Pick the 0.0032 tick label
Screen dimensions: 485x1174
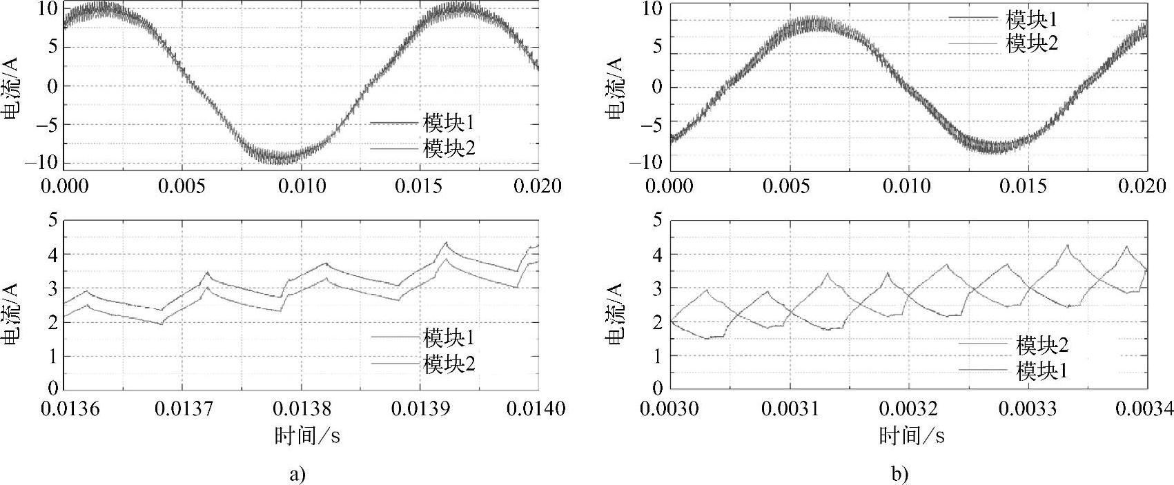tap(907, 409)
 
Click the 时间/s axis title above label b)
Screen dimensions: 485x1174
tap(911, 435)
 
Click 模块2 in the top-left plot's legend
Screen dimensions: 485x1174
tap(449, 148)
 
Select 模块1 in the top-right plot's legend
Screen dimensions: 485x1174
tap(1032, 19)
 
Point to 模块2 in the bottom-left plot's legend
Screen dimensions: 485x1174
tap(449, 364)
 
